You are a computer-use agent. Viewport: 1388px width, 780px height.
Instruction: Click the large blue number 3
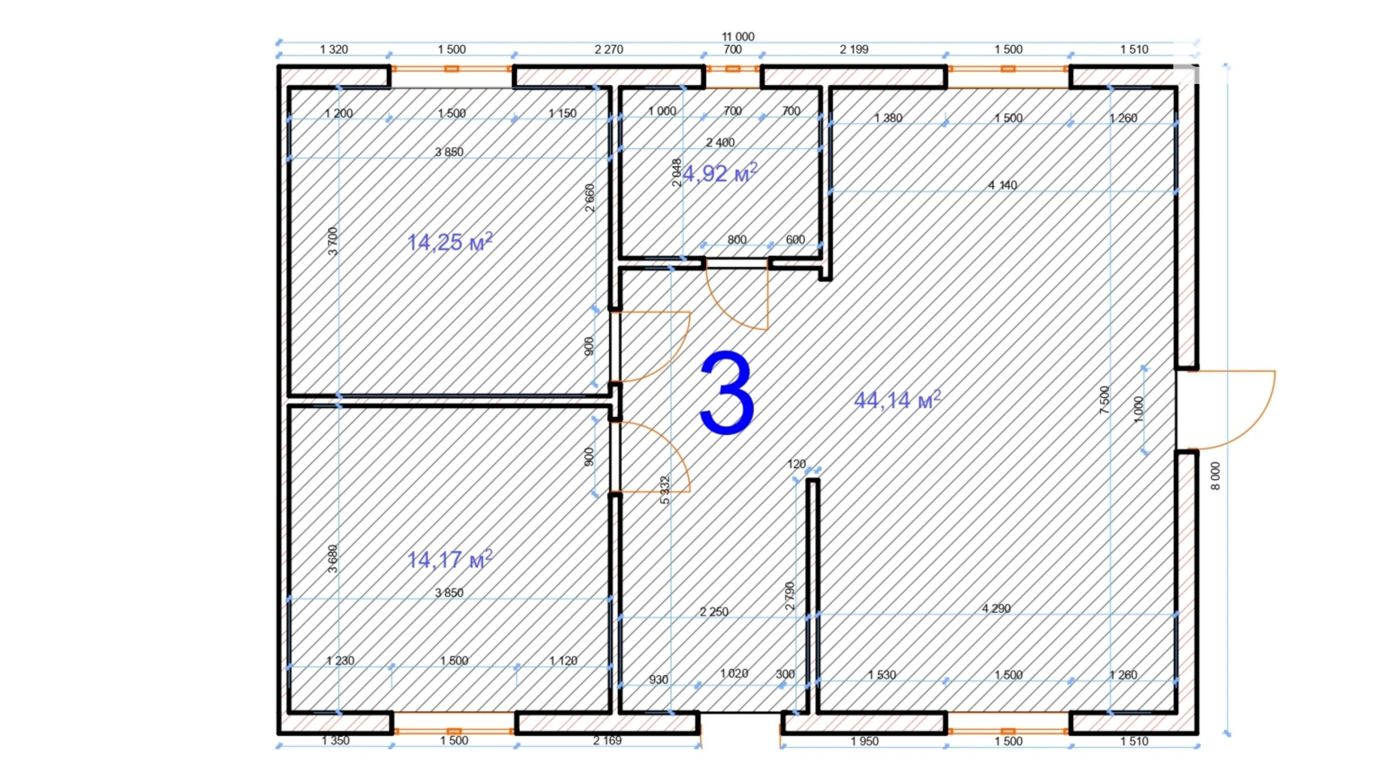click(x=726, y=393)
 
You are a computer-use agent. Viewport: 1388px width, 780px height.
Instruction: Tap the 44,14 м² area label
click(x=897, y=400)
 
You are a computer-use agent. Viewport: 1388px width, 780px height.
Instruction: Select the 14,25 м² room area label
click(x=449, y=241)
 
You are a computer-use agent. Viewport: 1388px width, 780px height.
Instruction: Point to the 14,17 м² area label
click(x=449, y=559)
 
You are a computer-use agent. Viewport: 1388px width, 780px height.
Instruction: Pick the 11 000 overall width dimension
click(x=738, y=36)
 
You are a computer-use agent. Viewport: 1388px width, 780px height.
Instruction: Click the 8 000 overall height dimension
click(x=1215, y=476)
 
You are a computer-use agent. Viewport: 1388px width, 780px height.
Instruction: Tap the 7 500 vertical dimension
click(x=1104, y=400)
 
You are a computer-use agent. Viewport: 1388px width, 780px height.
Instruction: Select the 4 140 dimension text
click(x=1002, y=184)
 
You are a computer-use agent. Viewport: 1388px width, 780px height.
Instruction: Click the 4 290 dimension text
click(x=996, y=608)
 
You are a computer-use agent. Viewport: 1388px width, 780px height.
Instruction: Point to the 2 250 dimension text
click(x=714, y=611)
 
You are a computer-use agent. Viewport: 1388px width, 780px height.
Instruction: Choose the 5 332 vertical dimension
click(x=664, y=490)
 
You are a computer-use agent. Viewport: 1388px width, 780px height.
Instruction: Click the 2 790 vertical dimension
click(x=789, y=595)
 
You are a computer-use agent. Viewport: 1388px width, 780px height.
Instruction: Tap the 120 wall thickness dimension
click(x=797, y=464)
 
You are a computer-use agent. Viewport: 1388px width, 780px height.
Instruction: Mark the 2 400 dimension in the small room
click(x=720, y=142)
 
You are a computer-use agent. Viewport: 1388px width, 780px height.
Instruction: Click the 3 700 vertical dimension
click(x=333, y=241)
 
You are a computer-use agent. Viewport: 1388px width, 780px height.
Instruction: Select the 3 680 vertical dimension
click(x=333, y=559)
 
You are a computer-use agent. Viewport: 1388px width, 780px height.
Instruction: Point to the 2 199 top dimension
click(x=854, y=49)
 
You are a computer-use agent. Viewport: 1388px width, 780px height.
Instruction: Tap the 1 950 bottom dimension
click(x=864, y=741)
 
